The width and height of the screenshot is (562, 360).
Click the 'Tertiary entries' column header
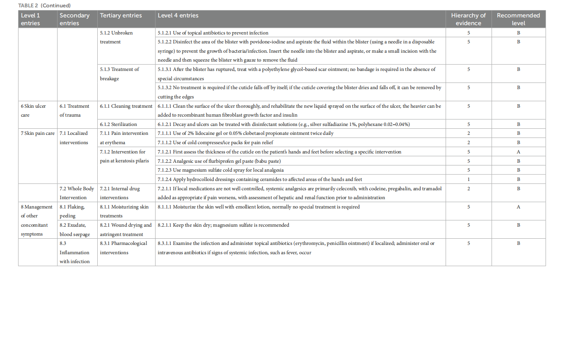point(121,16)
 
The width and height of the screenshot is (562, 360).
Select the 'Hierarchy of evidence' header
point(468,19)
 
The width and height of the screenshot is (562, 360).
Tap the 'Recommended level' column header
point(518,19)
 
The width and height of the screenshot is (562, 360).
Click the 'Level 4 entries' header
point(178,16)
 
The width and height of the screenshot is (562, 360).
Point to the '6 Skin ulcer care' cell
point(33,110)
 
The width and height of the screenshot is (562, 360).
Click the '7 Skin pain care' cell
point(38,133)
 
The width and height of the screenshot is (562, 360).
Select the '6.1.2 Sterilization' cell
point(118,124)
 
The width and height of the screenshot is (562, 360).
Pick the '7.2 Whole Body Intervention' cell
point(77,193)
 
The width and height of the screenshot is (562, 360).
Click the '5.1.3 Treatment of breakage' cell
point(119,74)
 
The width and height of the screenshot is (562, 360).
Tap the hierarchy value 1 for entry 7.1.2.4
point(469,179)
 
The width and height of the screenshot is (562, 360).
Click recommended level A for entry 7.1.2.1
point(518,152)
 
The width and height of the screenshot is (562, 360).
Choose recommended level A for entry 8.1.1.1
point(518,207)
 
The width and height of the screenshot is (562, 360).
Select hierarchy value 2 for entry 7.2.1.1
point(469,189)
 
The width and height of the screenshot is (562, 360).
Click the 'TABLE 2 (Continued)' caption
point(44,5)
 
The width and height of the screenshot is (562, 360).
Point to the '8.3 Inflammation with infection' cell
point(74,252)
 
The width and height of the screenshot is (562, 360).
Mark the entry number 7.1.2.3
point(164,170)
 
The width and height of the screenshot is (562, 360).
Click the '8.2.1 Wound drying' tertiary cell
point(126,229)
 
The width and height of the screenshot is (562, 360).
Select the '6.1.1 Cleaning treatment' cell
point(126,106)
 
